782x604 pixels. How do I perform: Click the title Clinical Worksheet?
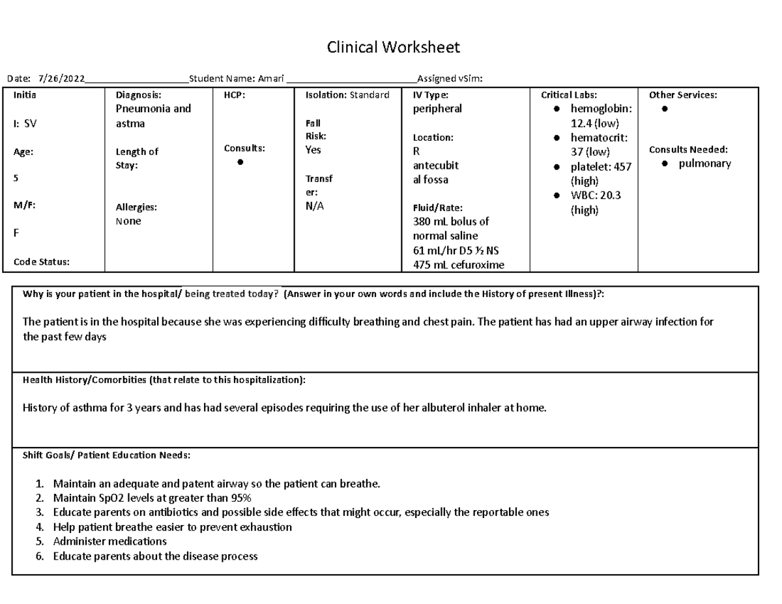[x=393, y=48]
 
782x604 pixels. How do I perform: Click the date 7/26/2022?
[x=61, y=79]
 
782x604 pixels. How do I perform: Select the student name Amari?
[x=270, y=79]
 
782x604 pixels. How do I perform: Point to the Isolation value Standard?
[x=369, y=95]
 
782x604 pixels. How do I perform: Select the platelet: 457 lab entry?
[x=601, y=167]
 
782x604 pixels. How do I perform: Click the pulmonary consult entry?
[x=704, y=164]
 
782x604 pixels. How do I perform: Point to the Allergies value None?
[x=128, y=222]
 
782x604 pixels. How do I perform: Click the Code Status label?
[x=42, y=262]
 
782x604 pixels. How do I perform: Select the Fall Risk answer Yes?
[x=313, y=150]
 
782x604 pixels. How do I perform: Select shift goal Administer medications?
[x=109, y=541]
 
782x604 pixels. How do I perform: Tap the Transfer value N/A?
[x=315, y=207]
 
